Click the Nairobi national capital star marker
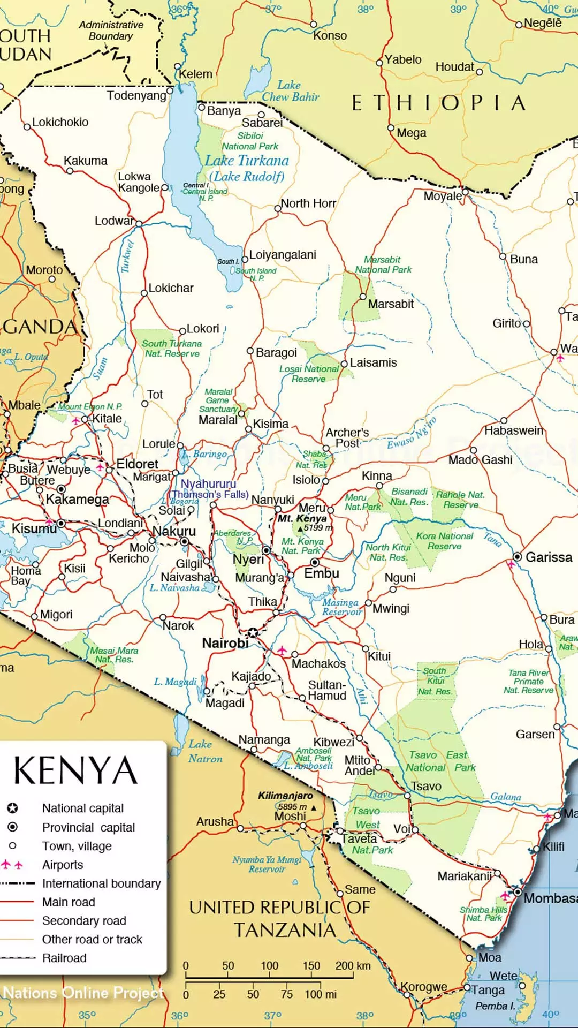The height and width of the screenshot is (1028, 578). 253,633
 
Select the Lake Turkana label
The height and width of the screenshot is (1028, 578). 247,161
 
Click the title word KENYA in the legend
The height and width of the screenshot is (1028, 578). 75,771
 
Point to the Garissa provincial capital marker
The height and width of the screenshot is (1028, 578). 517,557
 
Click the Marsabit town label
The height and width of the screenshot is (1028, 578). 391,304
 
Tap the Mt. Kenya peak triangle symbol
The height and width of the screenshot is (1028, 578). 300,529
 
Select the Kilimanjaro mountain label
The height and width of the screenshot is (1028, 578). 285,796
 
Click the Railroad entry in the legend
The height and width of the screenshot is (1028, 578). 64,958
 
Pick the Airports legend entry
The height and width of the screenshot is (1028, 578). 63,865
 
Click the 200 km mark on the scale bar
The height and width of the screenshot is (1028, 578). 353,966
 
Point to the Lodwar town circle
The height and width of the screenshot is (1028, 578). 139,223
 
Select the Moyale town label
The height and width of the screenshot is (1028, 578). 442,196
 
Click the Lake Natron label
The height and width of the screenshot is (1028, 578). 205,751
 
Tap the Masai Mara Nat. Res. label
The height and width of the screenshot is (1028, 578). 114,655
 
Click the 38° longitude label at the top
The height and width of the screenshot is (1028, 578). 366,9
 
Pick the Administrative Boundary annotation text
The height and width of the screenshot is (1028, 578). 111,31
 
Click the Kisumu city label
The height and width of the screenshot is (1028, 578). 34,529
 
